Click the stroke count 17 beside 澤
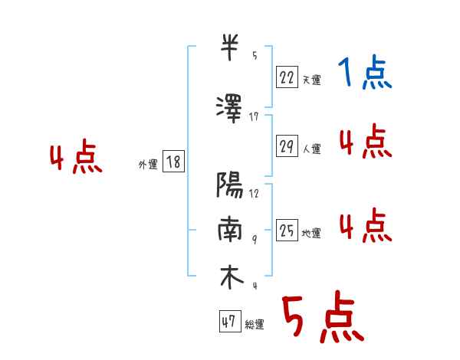[254, 117]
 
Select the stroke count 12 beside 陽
[254, 193]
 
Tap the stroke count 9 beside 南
[254, 238]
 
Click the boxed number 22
[287, 76]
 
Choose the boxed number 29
[287, 146]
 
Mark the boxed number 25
[287, 230]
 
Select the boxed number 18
[173, 162]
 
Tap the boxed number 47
[228, 322]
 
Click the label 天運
[311, 80]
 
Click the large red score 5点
[323, 319]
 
